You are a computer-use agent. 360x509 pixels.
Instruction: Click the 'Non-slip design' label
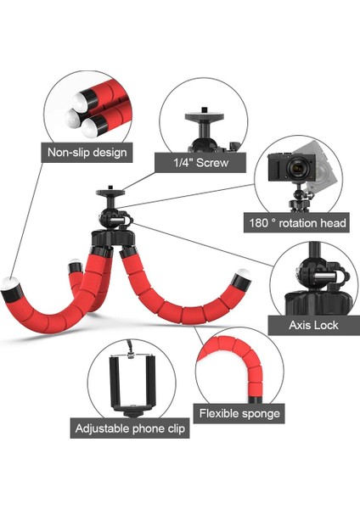click(x=87, y=153)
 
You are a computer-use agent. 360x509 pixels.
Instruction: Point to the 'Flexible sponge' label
click(x=239, y=414)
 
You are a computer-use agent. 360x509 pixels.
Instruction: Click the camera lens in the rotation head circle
click(x=296, y=170)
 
